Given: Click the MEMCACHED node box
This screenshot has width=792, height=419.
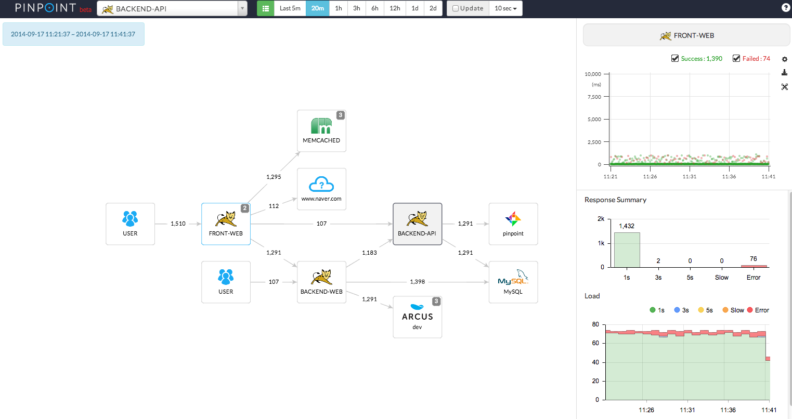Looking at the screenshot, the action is click(x=321, y=130).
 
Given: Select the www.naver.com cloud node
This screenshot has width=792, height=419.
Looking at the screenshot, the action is click(x=321, y=189).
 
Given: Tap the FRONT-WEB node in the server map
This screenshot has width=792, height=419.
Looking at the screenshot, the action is click(x=226, y=224).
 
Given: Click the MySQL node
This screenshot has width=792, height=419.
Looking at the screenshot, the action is click(x=513, y=282).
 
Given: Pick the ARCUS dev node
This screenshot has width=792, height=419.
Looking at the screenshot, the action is click(x=417, y=317).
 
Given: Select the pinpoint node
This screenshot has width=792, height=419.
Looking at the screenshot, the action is click(x=513, y=224).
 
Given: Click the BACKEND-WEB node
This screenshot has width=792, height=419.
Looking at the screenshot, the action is click(x=321, y=282).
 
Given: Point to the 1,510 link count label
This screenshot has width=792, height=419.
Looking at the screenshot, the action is click(x=178, y=224).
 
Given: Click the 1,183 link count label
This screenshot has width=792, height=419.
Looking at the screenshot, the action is click(x=369, y=253).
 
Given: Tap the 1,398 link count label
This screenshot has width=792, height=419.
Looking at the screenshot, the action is click(x=417, y=282).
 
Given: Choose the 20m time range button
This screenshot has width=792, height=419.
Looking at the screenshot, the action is click(x=317, y=8).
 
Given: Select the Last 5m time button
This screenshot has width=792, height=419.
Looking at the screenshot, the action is click(x=290, y=8).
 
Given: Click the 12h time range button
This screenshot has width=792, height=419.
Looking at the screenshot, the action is click(x=395, y=8).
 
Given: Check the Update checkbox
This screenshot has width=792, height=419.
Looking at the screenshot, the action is click(x=456, y=8).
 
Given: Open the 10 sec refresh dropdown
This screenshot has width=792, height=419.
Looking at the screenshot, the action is click(x=505, y=8).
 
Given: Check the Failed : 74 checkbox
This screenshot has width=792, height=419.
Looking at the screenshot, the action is click(x=736, y=58).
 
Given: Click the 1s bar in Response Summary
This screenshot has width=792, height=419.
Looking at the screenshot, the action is click(x=627, y=250).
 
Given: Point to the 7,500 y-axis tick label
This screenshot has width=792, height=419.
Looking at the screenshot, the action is click(x=594, y=97).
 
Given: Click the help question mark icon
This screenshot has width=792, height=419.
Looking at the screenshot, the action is click(x=786, y=8).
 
